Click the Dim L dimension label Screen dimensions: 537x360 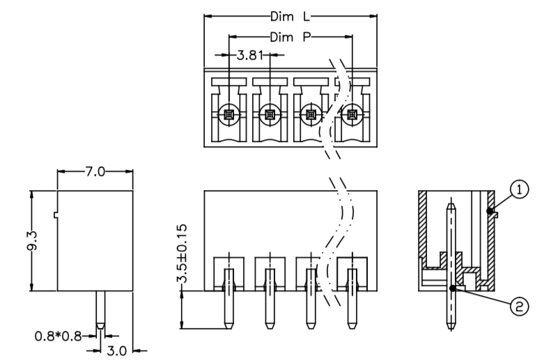click(x=290, y=17)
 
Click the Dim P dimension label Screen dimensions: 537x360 click(x=290, y=37)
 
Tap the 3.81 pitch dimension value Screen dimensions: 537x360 click(x=250, y=55)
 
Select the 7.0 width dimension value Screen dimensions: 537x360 click(x=95, y=171)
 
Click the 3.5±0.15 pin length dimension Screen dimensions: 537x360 click(x=182, y=253)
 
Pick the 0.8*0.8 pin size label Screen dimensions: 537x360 click(x=59, y=336)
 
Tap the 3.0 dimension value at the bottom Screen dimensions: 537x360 click(x=117, y=351)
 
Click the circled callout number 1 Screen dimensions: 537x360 click(x=519, y=189)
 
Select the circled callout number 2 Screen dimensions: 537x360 click(x=519, y=306)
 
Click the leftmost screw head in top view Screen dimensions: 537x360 click(x=228, y=115)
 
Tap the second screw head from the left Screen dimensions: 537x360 click(x=270, y=115)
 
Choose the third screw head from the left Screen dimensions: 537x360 click(x=311, y=115)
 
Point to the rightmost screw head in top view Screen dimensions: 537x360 click(x=352, y=115)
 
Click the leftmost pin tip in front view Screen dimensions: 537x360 click(x=228, y=328)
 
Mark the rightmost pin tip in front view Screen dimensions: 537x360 click(x=352, y=328)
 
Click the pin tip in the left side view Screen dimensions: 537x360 click(x=100, y=328)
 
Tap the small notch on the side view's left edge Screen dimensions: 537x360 click(x=56, y=214)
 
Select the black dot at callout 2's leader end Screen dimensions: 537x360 click(x=453, y=288)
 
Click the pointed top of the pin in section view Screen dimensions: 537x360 click(x=451, y=203)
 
